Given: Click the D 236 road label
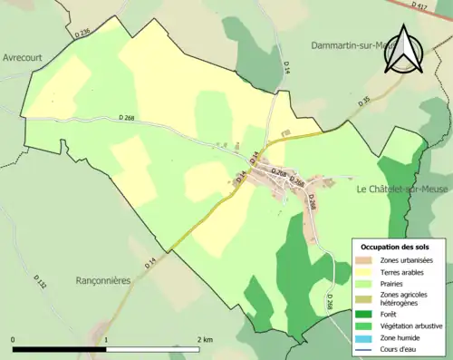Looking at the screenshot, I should (x=82, y=34).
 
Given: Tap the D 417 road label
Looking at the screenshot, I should (x=418, y=5).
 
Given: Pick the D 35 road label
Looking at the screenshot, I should (x=363, y=103).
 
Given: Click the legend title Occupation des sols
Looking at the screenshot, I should (x=397, y=247).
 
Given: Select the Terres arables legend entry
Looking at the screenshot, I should (x=403, y=272).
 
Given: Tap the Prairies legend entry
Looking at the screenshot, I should (x=394, y=283).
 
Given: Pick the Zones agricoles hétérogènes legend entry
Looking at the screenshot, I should (x=405, y=299).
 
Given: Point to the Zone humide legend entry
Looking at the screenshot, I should (x=400, y=337).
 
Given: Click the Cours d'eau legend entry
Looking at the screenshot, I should (x=400, y=348).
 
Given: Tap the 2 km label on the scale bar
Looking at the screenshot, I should (x=205, y=339).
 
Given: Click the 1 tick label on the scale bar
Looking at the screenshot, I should (x=107, y=339).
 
